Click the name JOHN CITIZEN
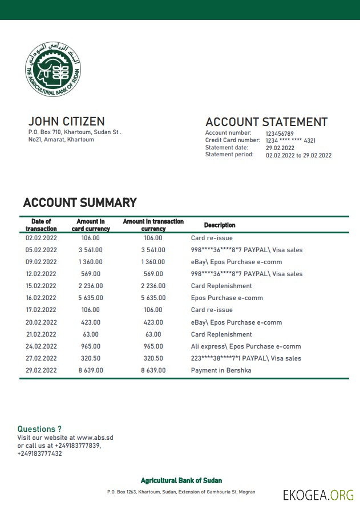pyautogui.click(x=66, y=122)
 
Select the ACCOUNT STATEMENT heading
pyautogui.click(x=266, y=122)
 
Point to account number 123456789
pyautogui.click(x=280, y=133)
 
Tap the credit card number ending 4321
pyautogui.click(x=290, y=140)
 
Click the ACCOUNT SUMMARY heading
pyautogui.click(x=80, y=203)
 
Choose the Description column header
pyautogui.click(x=220, y=225)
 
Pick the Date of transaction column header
pyautogui.click(x=41, y=225)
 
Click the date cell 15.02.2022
pyautogui.click(x=41, y=286)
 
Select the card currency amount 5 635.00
pyautogui.click(x=91, y=298)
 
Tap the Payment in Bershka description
pyautogui.click(x=221, y=370)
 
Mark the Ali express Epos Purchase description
pyautogui.click(x=246, y=346)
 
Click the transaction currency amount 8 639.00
pyautogui.click(x=153, y=370)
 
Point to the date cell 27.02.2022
pyautogui.click(x=41, y=358)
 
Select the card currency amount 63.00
pyautogui.click(x=91, y=334)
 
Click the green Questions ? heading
pyautogui.click(x=39, y=429)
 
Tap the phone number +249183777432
pyautogui.click(x=40, y=454)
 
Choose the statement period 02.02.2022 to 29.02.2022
pyautogui.click(x=298, y=155)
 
